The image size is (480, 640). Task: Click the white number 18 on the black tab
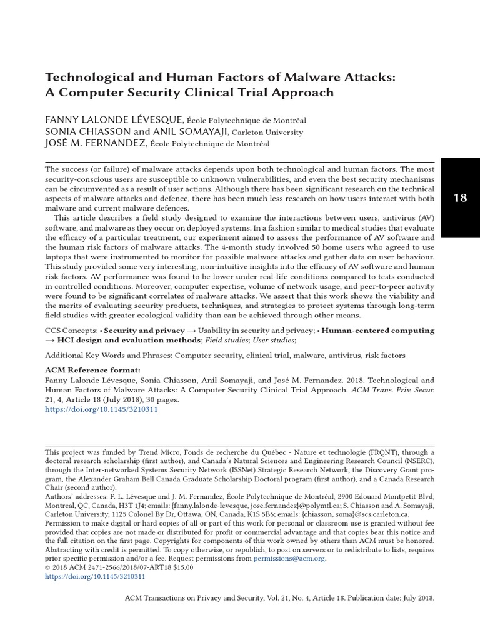[459, 198]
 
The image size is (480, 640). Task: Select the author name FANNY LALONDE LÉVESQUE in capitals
[114, 119]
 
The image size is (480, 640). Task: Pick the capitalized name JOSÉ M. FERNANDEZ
[94, 144]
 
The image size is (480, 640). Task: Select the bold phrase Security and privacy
[144, 330]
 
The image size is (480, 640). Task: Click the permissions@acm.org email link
[289, 558]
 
